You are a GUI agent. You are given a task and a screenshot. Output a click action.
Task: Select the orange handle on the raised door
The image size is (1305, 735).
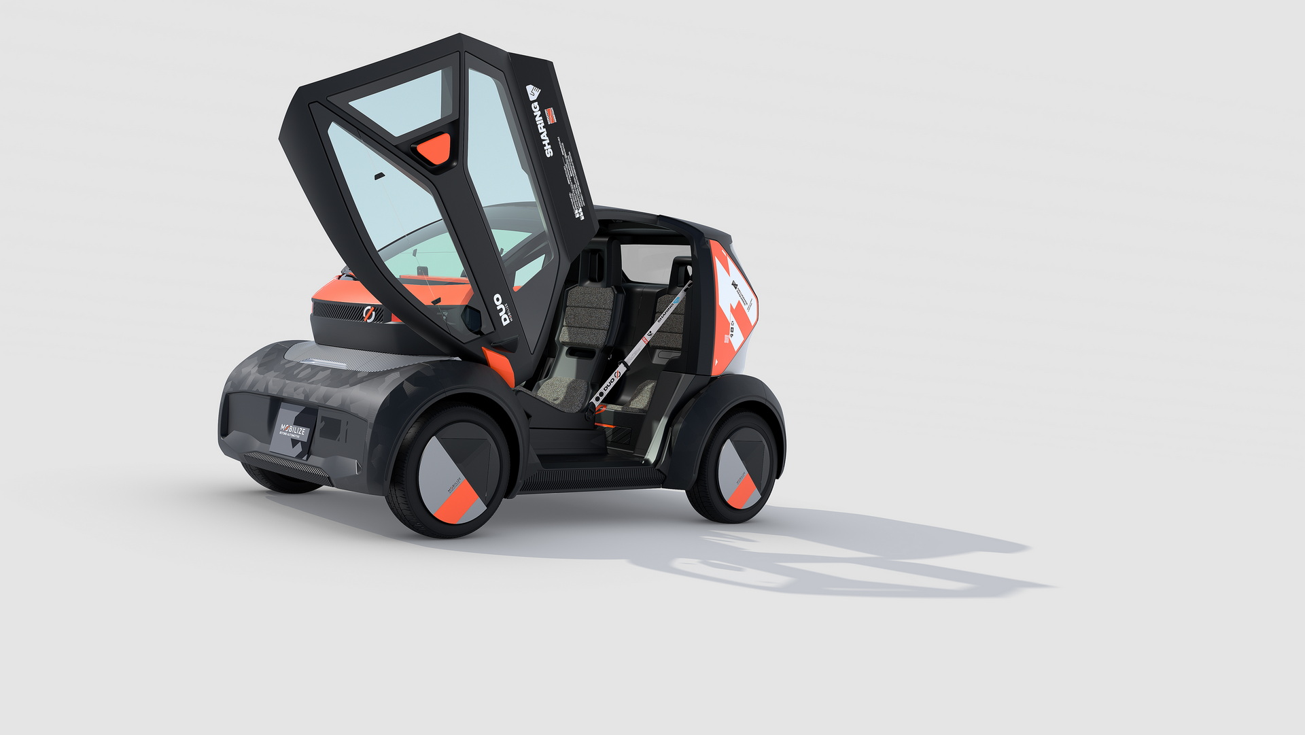click(x=433, y=148)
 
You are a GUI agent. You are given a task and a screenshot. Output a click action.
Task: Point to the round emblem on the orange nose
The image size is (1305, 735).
click(x=369, y=314)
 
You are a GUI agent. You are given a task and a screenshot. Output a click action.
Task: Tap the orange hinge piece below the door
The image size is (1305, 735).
click(x=498, y=365)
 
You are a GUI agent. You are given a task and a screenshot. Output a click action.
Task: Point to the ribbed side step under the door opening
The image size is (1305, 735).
click(x=591, y=479)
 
